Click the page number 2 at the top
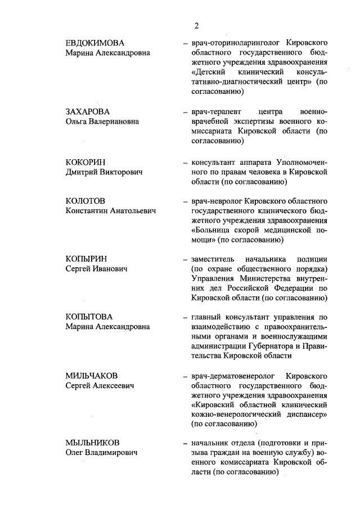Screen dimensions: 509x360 point(196,25)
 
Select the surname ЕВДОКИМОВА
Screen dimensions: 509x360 point(94,43)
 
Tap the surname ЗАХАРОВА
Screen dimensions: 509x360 point(87,111)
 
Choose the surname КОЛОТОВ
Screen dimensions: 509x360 point(85,201)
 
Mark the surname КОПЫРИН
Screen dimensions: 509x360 point(86,259)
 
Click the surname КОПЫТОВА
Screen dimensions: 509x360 point(89,317)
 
